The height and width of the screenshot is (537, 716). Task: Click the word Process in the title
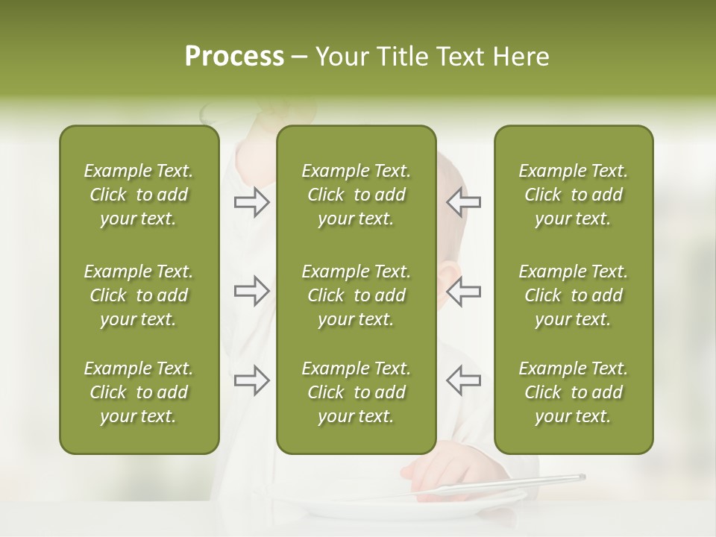(x=234, y=57)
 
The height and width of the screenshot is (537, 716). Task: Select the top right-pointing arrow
(x=252, y=202)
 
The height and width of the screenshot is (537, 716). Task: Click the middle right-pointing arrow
(x=252, y=291)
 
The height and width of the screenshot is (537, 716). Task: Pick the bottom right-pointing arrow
(x=252, y=380)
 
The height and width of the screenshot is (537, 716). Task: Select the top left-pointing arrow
(x=464, y=202)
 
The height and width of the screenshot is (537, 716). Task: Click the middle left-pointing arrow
(x=464, y=291)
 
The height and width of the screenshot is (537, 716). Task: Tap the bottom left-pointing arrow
(x=464, y=380)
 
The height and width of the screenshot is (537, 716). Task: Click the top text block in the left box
(x=139, y=195)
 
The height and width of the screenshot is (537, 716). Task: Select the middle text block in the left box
(x=139, y=295)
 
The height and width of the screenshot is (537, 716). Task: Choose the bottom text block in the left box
(x=139, y=392)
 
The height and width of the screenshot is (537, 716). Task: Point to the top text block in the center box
(x=356, y=195)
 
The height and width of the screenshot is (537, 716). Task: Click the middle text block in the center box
(x=356, y=295)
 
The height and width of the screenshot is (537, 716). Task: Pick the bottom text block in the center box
(x=356, y=392)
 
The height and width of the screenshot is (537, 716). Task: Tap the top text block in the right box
(x=573, y=195)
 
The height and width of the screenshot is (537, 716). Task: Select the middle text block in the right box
(x=573, y=295)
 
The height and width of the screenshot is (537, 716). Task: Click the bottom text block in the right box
(x=573, y=392)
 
